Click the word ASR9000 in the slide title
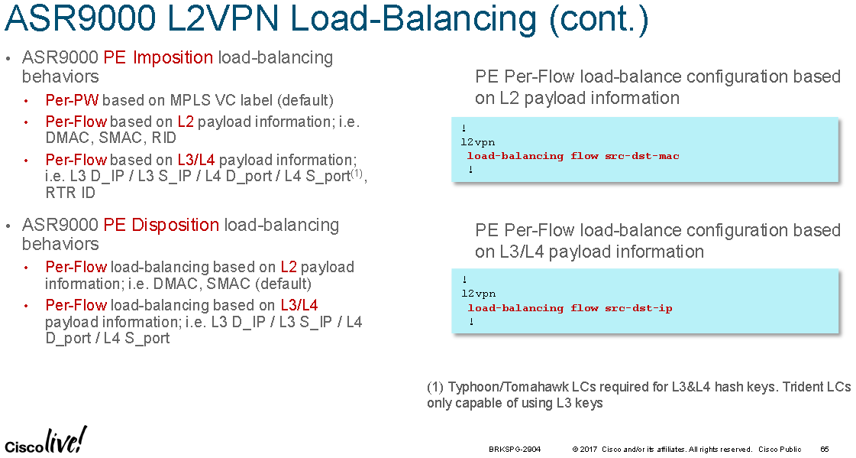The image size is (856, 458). pos(79,18)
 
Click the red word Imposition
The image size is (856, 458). pos(173,57)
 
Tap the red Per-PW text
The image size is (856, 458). pos(72,100)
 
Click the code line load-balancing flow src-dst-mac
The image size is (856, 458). pos(573,156)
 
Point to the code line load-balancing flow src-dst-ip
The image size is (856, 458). pos(570,307)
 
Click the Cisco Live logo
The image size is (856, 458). pos(45,440)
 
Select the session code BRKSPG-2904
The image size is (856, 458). pos(515,450)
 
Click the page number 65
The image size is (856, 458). pos(825,450)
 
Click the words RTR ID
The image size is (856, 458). pos(70,193)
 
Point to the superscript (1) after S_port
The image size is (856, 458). pos(357,173)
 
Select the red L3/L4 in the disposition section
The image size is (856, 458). pos(299,304)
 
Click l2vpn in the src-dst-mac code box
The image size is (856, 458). pos(478,142)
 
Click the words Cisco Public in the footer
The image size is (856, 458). pos(780,450)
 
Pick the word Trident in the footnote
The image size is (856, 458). pos(807,387)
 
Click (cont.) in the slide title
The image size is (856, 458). pos(599,18)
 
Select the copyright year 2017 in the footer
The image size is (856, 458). pos(589,450)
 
